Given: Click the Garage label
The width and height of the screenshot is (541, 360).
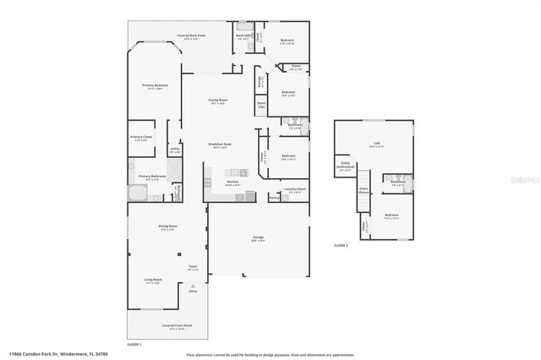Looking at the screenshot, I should [x=258, y=238].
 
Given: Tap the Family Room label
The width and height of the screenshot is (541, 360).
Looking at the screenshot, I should [x=219, y=101].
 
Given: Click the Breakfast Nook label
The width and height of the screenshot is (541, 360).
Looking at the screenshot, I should [x=221, y=145].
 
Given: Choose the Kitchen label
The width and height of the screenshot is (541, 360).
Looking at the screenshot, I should [x=232, y=182].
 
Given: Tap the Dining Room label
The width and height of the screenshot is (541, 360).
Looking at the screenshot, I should [x=167, y=226].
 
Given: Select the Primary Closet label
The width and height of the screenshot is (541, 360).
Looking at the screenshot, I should [x=141, y=138].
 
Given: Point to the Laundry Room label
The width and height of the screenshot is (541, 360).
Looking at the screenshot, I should [x=295, y=189].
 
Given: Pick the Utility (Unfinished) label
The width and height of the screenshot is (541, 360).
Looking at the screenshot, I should [x=345, y=165].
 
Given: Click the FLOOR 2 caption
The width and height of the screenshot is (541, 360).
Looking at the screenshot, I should [x=341, y=244].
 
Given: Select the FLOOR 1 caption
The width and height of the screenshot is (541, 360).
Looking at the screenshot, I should [x=134, y=345].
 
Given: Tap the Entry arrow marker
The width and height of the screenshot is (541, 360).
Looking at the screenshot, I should [x=193, y=292].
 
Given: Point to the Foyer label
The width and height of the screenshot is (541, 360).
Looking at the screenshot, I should [x=193, y=267].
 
